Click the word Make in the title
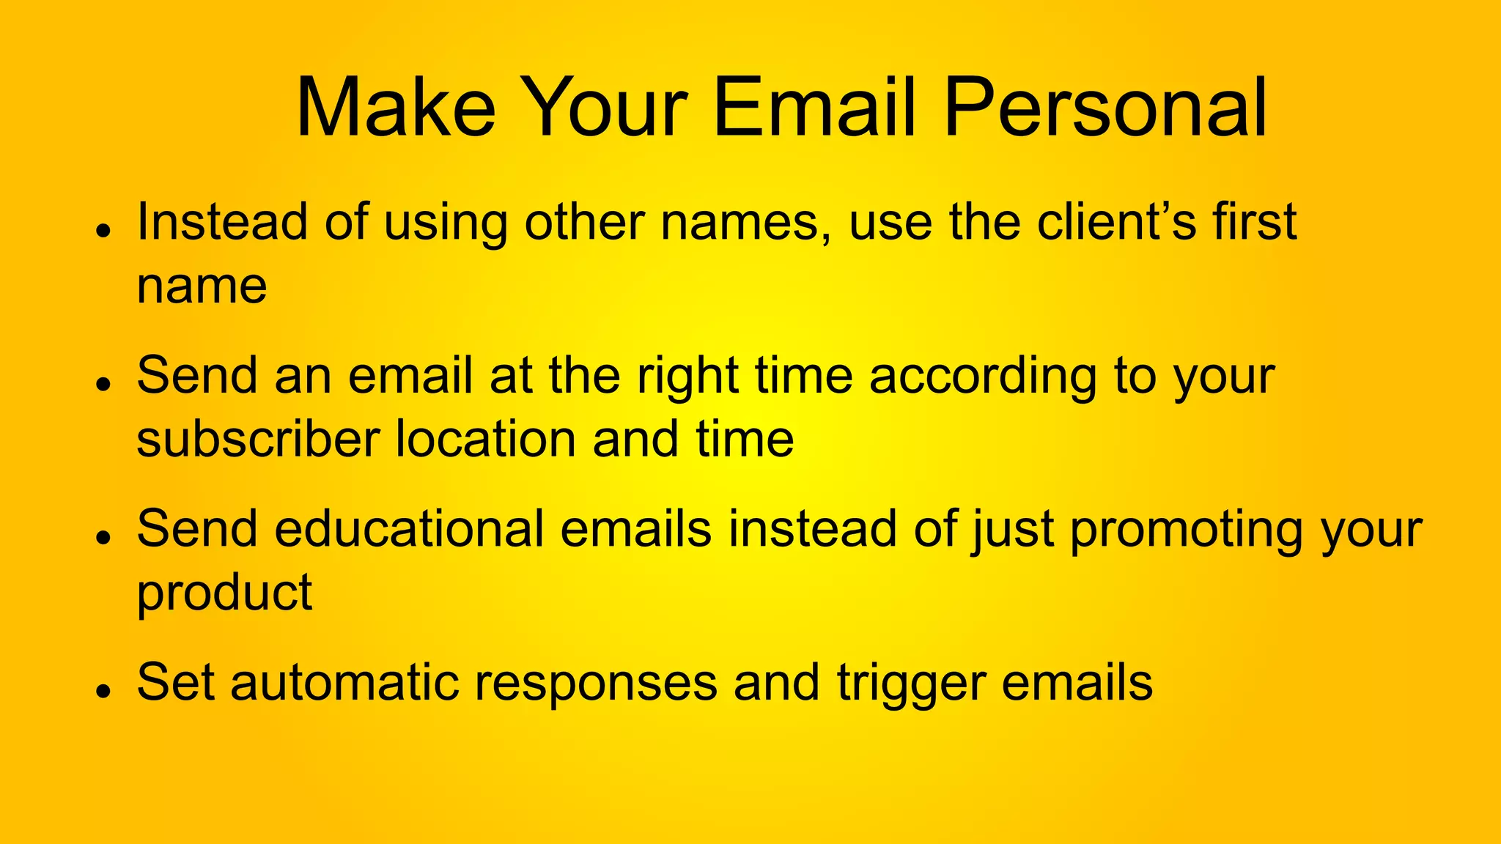(x=396, y=108)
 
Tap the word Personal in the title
(x=1105, y=108)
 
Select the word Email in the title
(x=814, y=108)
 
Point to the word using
(x=445, y=223)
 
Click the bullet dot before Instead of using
(x=103, y=229)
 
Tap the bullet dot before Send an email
(x=103, y=383)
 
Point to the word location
(x=485, y=439)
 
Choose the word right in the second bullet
(x=687, y=377)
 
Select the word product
(x=224, y=593)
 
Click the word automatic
(x=344, y=683)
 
